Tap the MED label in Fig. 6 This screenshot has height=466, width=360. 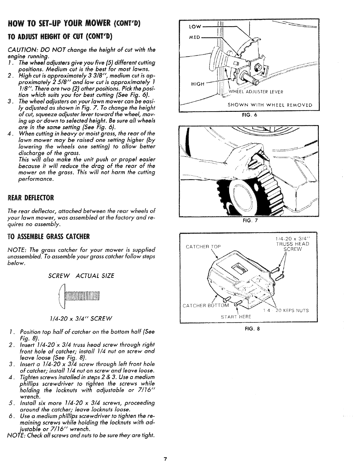194,37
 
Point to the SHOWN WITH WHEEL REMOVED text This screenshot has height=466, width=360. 270,105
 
